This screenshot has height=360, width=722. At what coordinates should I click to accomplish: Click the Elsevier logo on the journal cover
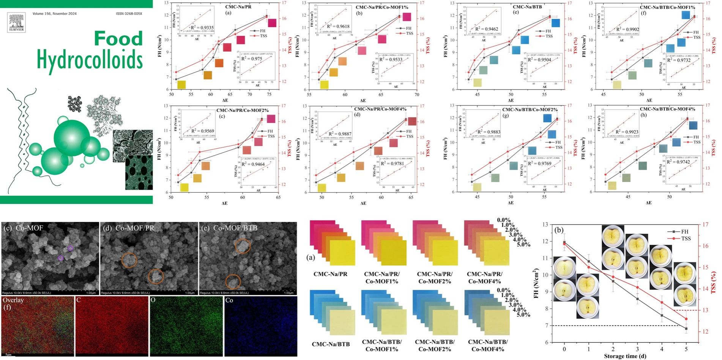(x=16, y=22)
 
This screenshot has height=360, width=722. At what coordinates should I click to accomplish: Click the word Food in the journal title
(x=118, y=39)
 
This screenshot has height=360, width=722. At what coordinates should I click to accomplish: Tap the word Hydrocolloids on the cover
(x=90, y=60)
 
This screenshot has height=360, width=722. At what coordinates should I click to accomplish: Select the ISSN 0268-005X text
(x=129, y=14)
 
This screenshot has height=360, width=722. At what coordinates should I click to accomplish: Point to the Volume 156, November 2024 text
(x=54, y=14)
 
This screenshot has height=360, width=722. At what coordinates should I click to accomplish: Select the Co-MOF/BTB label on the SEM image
(x=235, y=228)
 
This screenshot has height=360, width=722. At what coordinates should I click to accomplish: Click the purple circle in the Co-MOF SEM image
(x=70, y=248)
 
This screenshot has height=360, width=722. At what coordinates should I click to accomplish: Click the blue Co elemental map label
(x=229, y=300)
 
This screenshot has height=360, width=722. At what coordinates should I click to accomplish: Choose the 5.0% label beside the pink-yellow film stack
(x=523, y=244)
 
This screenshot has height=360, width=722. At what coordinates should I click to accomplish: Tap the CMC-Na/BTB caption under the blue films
(x=331, y=344)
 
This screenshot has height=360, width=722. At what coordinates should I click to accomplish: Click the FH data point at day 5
(x=686, y=329)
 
